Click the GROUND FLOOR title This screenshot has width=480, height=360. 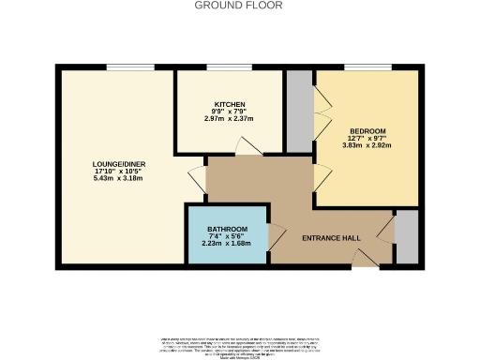click(x=238, y=6)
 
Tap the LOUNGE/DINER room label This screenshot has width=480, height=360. click(x=118, y=165)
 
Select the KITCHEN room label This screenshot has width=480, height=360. click(x=229, y=104)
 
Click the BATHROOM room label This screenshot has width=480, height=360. click(x=227, y=230)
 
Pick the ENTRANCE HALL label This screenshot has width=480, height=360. click(x=331, y=238)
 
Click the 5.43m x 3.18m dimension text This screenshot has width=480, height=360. click(x=118, y=180)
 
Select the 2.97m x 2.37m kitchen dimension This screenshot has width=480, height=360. click(x=229, y=119)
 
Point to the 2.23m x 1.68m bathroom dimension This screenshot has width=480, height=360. click(x=227, y=244)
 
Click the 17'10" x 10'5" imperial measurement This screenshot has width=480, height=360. click(x=118, y=172)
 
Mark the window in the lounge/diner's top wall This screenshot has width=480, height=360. click(x=124, y=67)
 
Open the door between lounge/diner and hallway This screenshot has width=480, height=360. click(x=196, y=178)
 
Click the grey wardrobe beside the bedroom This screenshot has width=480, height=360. click(x=298, y=111)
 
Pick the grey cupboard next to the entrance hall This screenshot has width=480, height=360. click(x=406, y=239)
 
